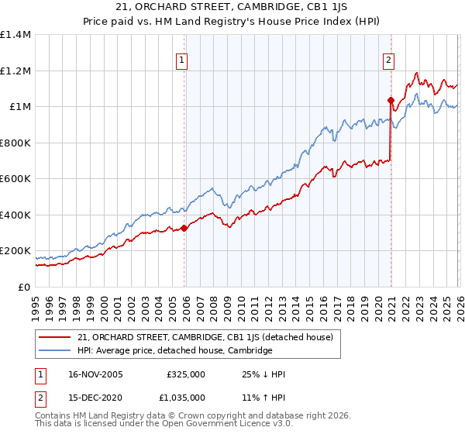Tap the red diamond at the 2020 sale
click(391, 100)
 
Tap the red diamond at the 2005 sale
click(184, 228)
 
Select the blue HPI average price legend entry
click(175, 351)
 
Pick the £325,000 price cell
click(185, 374)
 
